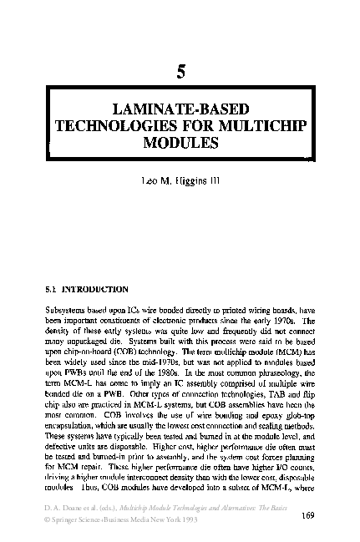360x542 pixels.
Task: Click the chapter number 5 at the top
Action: (x=180, y=73)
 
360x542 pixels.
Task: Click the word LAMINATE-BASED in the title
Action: (x=179, y=109)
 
